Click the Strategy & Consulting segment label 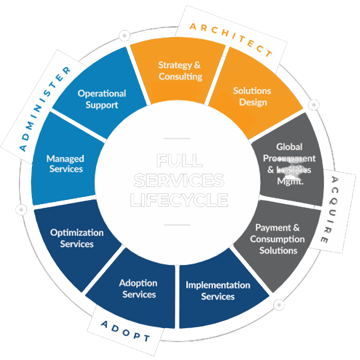pyautogui.click(x=179, y=71)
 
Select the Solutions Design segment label pyautogui.click(x=252, y=96)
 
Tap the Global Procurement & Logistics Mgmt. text pyautogui.click(x=289, y=164)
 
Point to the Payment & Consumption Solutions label pyautogui.click(x=278, y=239)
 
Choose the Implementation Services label pyautogui.click(x=218, y=291)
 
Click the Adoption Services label pyautogui.click(x=138, y=289)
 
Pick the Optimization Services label pyautogui.click(x=77, y=238)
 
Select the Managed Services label pyautogui.click(x=65, y=164)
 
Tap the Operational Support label pyautogui.click(x=102, y=99)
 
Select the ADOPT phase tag pyautogui.click(x=125, y=331)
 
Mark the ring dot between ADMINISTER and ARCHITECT pyautogui.click(x=124, y=36)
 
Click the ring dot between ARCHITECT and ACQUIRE pyautogui.click(x=313, y=105)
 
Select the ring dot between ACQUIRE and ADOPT pyautogui.click(x=280, y=305)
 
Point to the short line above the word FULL pyautogui.click(x=177, y=138)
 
